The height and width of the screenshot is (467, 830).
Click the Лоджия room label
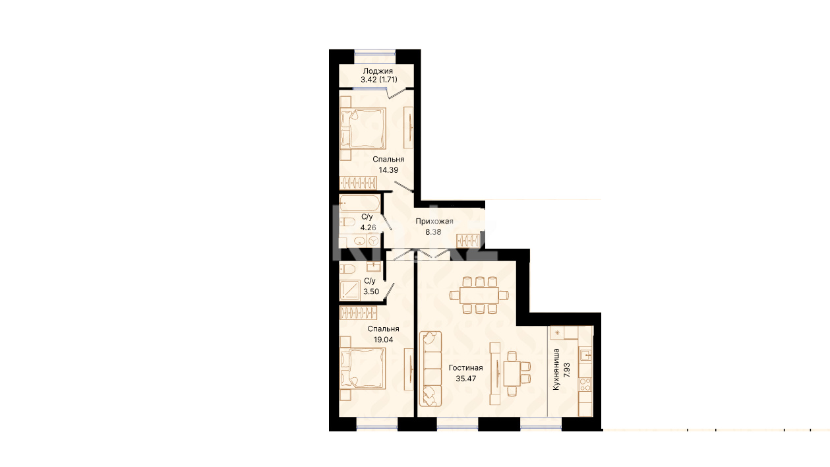(x=378, y=71)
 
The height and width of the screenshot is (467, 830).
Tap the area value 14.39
(x=388, y=170)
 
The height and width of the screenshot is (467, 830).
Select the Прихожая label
(x=434, y=221)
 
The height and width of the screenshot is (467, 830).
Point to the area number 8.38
(x=433, y=232)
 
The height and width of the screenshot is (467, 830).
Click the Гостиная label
(x=466, y=367)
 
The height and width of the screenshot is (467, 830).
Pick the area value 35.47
(x=466, y=379)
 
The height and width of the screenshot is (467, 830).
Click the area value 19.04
(x=383, y=340)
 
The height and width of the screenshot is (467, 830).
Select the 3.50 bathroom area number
(x=371, y=292)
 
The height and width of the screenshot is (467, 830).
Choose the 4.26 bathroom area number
(x=369, y=228)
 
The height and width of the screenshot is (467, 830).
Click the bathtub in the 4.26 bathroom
(x=359, y=203)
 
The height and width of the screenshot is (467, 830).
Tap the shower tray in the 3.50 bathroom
(x=350, y=290)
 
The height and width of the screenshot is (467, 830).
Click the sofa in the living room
(x=430, y=369)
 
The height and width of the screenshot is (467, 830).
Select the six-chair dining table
(x=479, y=296)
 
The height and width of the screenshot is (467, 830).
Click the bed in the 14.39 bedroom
(x=363, y=128)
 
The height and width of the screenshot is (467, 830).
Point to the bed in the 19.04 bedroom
(x=363, y=369)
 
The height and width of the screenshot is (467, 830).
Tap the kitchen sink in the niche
(x=586, y=356)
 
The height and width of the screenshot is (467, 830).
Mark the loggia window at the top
(x=374, y=51)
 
